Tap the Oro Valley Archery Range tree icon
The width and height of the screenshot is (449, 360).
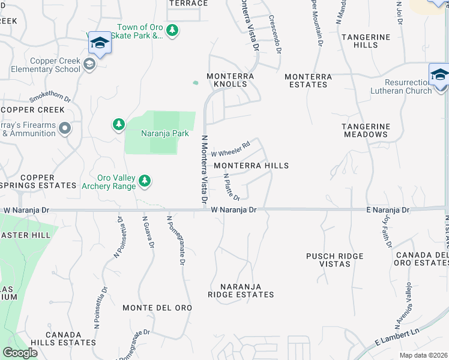tap(145, 180)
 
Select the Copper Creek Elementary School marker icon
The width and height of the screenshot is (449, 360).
tap(89, 64)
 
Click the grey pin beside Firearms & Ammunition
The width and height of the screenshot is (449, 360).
tap(65, 128)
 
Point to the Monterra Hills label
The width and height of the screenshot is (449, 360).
tap(251, 166)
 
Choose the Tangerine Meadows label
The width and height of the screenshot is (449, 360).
tap(366, 130)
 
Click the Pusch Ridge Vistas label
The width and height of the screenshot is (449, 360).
tap(335, 260)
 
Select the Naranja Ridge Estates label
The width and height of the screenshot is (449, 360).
tap(241, 290)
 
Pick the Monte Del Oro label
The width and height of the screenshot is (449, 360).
tap(157, 308)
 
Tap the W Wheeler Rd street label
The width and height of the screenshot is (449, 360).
tap(231, 149)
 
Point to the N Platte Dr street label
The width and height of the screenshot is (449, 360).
tap(232, 187)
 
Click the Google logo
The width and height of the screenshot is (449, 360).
tap(20, 353)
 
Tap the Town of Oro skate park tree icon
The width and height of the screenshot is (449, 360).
tap(173, 30)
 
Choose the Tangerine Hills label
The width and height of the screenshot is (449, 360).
tap(366, 41)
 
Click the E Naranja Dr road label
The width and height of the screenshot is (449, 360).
tap(388, 210)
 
